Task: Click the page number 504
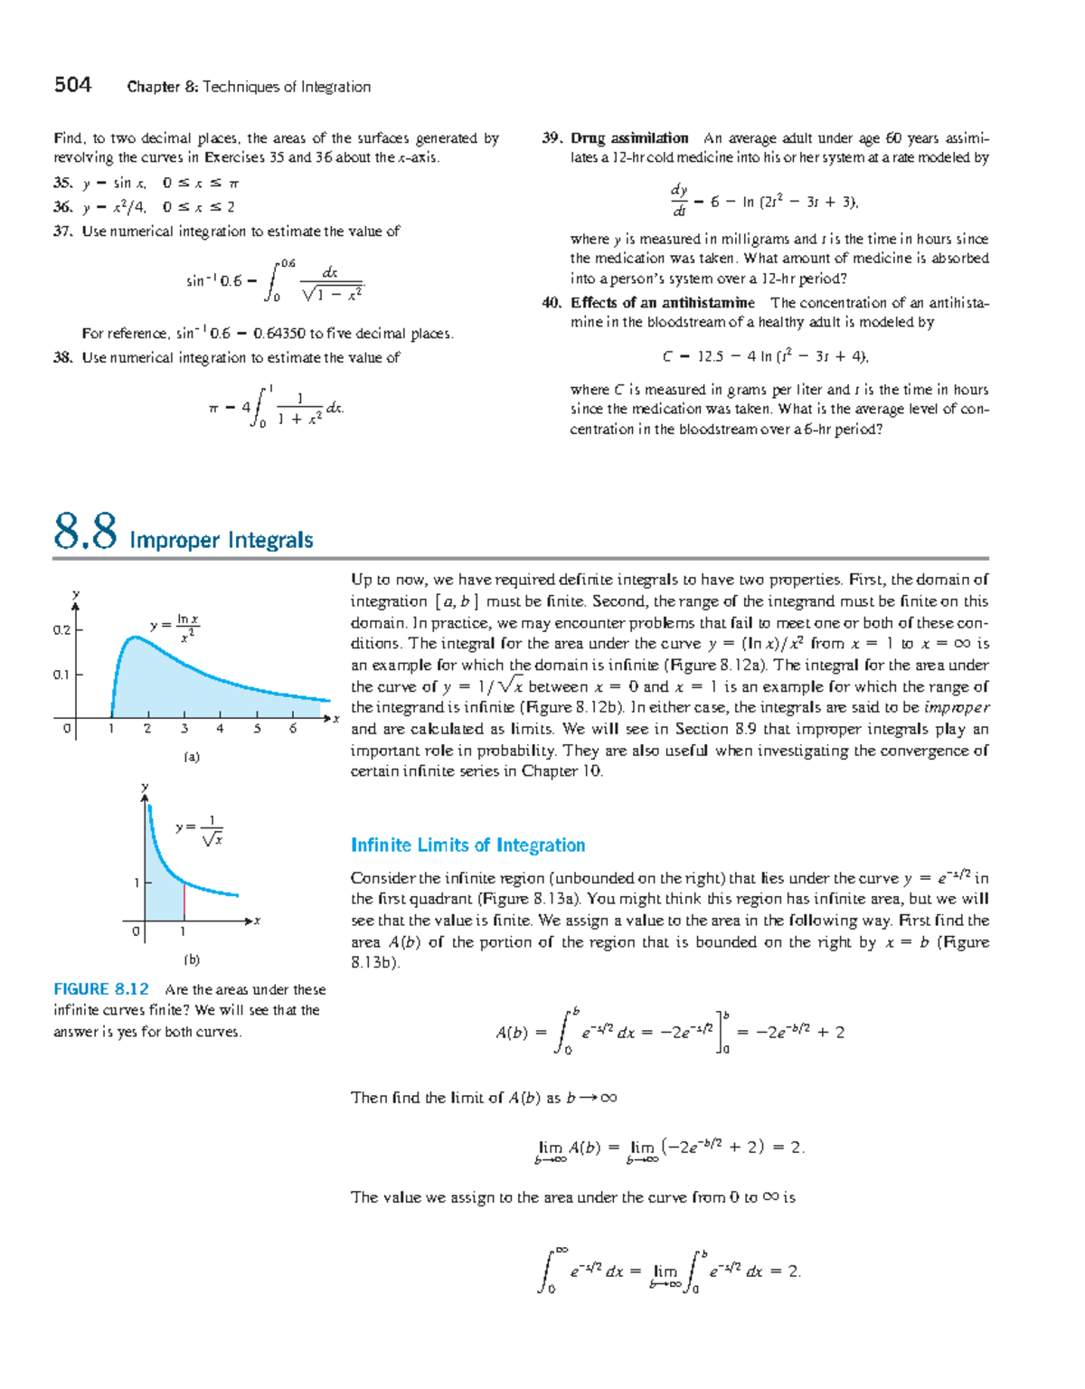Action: pyautogui.click(x=72, y=85)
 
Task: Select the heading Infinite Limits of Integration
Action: pyautogui.click(x=467, y=846)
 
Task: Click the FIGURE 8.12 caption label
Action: pyautogui.click(x=100, y=989)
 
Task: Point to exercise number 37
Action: pyautogui.click(x=62, y=231)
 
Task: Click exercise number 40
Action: pyautogui.click(x=552, y=303)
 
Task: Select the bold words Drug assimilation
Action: pyautogui.click(x=629, y=138)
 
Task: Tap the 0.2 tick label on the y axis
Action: pyautogui.click(x=61, y=630)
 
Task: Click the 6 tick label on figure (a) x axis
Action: pyautogui.click(x=293, y=729)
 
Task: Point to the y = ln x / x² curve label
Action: pyautogui.click(x=175, y=628)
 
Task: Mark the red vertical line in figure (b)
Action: pyautogui.click(x=184, y=902)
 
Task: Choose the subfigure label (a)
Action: pyautogui.click(x=192, y=757)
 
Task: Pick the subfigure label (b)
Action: pyautogui.click(x=192, y=959)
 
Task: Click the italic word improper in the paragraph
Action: pyautogui.click(x=957, y=708)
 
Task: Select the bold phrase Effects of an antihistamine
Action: pyautogui.click(x=662, y=303)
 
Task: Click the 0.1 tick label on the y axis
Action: pyautogui.click(x=61, y=675)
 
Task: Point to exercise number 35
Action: pyautogui.click(x=62, y=183)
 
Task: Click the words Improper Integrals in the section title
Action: pyautogui.click(x=222, y=541)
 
